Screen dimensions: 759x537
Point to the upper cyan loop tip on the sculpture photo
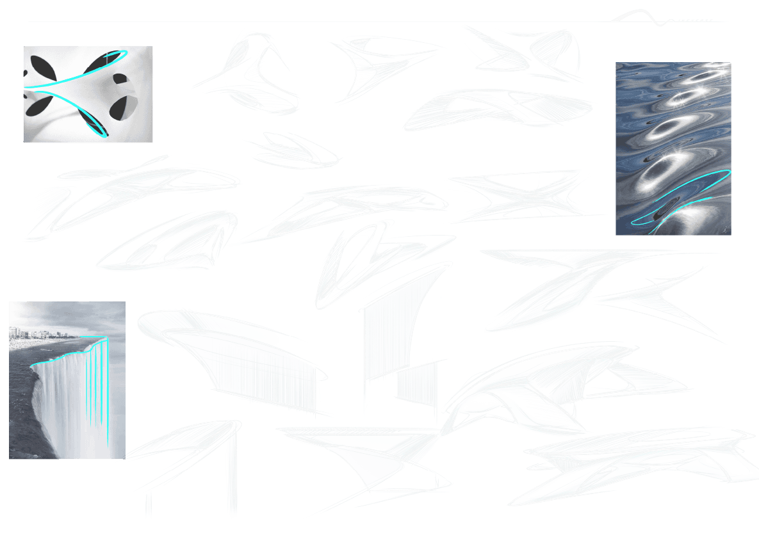(124, 52)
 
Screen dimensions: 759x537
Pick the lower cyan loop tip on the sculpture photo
(104, 134)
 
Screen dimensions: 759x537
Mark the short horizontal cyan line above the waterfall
(96, 337)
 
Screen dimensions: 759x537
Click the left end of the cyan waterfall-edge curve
(31, 366)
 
